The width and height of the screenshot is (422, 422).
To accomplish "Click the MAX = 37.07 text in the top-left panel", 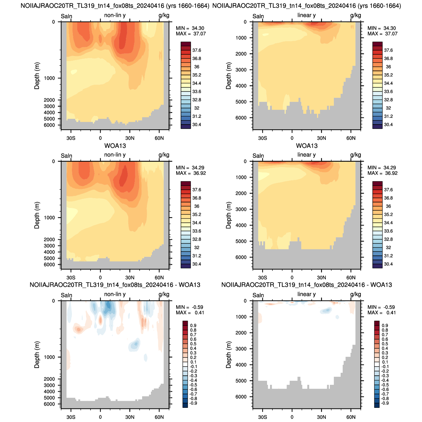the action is click(x=190, y=34).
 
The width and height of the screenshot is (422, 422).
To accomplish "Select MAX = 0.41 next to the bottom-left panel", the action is click(x=190, y=313).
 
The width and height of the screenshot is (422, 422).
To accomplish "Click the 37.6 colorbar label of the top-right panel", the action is click(x=388, y=50).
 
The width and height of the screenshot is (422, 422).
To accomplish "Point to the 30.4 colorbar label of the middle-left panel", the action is click(x=197, y=264).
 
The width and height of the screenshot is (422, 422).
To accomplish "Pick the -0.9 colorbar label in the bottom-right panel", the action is click(x=385, y=403).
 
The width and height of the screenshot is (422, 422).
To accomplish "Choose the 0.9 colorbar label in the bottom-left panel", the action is click(x=193, y=325).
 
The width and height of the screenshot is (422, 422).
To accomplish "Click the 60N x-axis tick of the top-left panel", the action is click(x=159, y=138).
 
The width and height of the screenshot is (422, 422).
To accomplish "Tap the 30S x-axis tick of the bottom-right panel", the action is click(x=262, y=417).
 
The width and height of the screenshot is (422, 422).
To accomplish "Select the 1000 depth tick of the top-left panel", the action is click(x=49, y=78).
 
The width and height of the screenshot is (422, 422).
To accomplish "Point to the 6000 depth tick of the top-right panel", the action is click(x=241, y=118).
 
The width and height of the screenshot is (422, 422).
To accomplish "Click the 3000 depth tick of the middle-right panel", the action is click(x=241, y=209).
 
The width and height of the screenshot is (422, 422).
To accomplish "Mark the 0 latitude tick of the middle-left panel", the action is click(x=100, y=278).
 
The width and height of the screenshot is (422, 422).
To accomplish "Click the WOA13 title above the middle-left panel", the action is click(x=115, y=146).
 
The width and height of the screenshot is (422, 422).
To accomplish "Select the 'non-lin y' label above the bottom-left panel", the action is click(x=115, y=294).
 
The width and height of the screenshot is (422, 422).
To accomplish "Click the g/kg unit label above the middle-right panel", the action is click(x=355, y=155).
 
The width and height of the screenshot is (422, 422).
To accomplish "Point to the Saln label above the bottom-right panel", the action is click(x=258, y=295).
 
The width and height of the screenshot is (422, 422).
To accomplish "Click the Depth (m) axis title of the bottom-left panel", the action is click(x=37, y=355).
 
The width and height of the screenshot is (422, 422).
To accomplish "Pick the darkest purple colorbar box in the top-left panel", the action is click(x=185, y=127).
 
